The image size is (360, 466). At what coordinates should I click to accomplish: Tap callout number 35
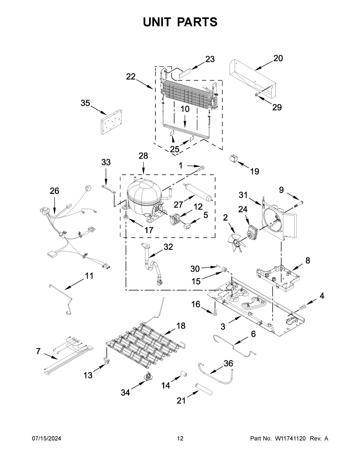point(85,103)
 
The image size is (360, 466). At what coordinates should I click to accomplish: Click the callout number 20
point(278,58)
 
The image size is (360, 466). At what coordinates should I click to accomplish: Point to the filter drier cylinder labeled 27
point(198,192)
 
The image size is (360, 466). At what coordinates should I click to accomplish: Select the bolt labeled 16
point(214,312)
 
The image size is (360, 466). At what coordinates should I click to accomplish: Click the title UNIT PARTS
point(180,22)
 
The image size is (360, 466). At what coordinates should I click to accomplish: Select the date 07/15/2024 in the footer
point(46,439)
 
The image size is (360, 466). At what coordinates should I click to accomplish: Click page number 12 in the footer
point(180,439)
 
